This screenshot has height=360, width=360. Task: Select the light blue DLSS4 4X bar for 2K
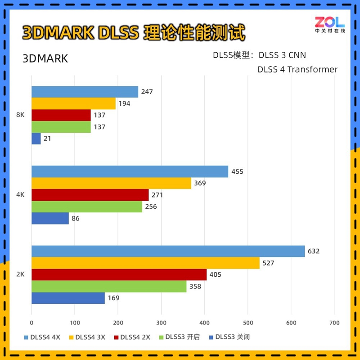click(168, 251)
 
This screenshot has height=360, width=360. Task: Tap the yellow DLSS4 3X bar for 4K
click(111, 183)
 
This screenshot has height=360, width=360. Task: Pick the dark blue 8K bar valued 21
click(36, 139)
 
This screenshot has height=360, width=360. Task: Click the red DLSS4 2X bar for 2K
click(119, 274)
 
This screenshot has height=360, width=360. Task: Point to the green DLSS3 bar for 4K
click(86, 207)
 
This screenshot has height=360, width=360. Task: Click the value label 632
click(313, 251)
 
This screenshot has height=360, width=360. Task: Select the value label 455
click(237, 171)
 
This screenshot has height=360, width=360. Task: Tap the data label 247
click(147, 92)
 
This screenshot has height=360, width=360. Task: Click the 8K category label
click(20, 115)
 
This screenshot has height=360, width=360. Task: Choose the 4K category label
click(20, 195)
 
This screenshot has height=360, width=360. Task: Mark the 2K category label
click(20, 274)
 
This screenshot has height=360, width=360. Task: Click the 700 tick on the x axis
click(334, 323)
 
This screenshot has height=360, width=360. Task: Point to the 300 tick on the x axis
click(161, 323)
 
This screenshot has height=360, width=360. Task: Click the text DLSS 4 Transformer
click(297, 69)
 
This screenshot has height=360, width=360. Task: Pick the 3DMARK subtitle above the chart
click(45, 59)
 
